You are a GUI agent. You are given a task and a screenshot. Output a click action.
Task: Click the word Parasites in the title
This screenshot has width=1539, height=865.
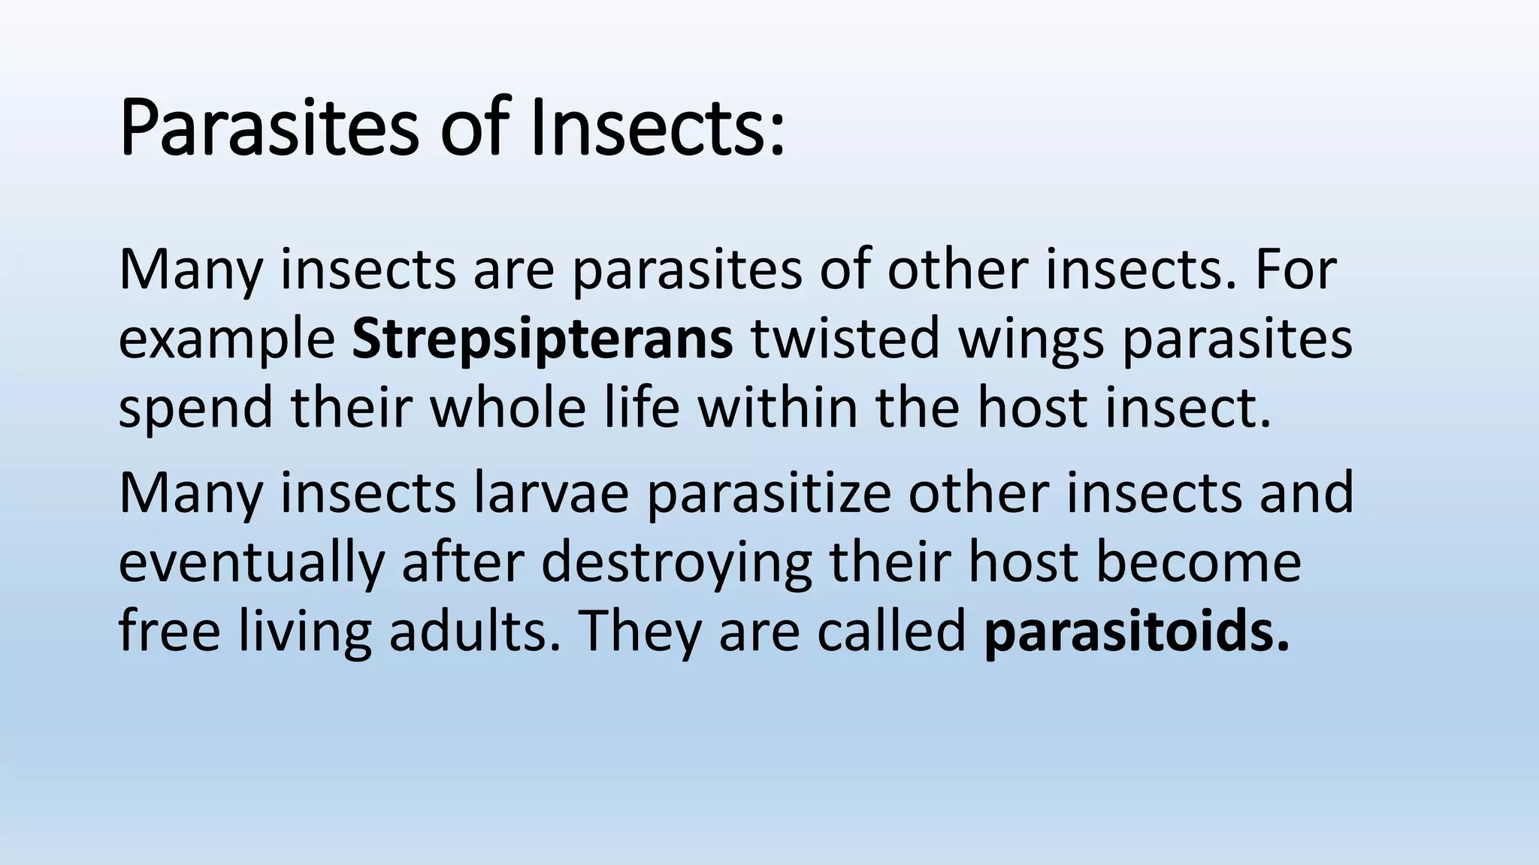268,129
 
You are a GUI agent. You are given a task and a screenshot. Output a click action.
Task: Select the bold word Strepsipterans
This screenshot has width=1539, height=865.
542,339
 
